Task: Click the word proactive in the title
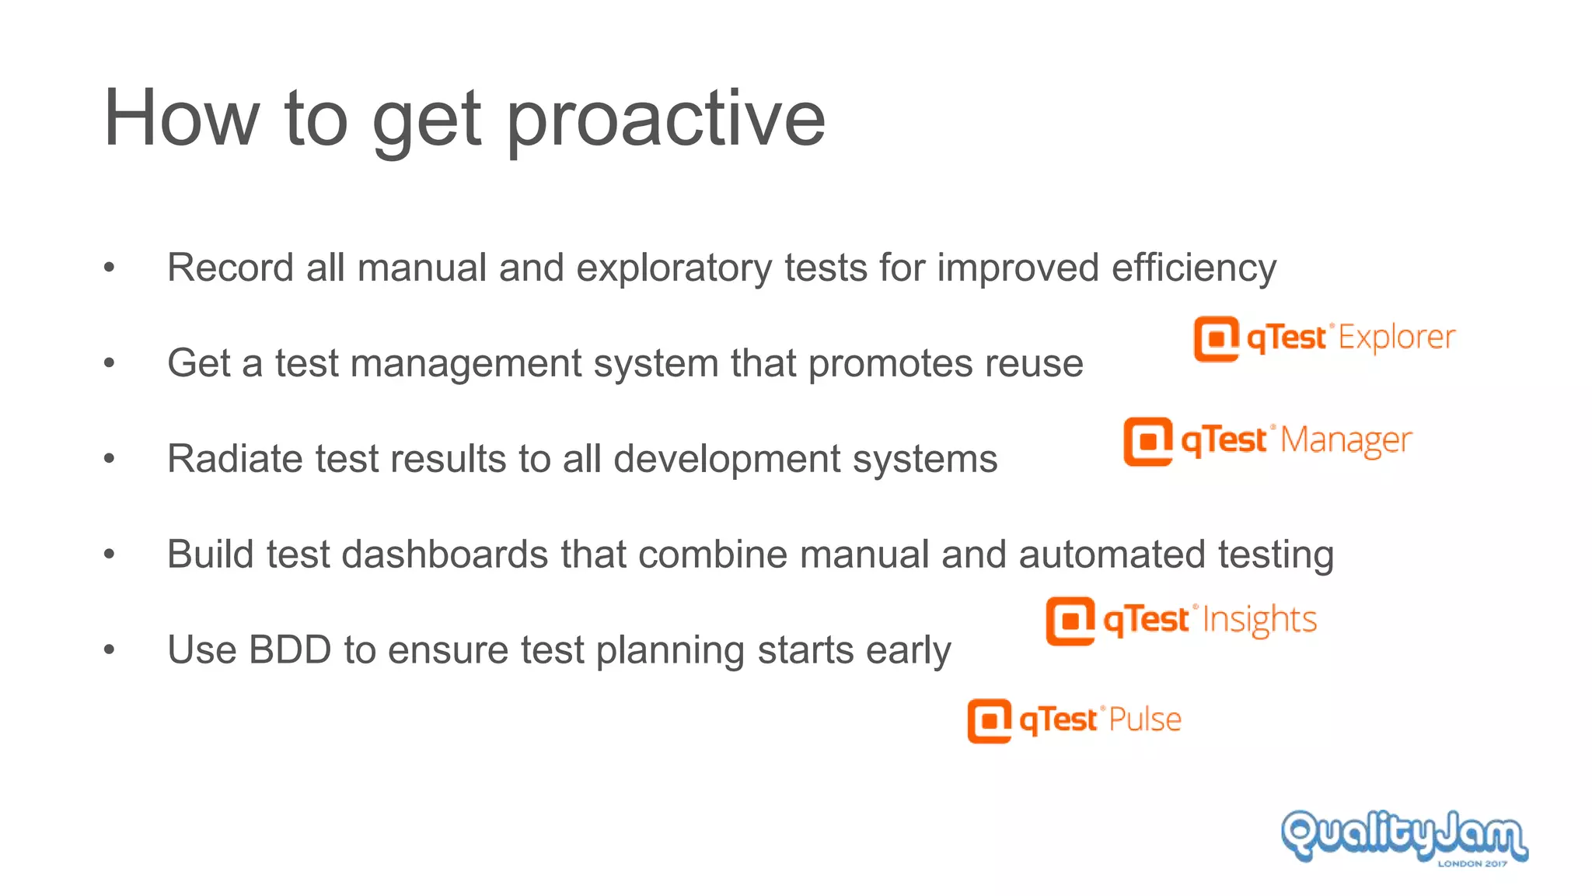[x=665, y=121]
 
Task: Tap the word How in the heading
[x=180, y=118]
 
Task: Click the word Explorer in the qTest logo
[x=1396, y=338]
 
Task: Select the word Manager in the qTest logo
[x=1346, y=441]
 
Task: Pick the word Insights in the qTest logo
[x=1259, y=621]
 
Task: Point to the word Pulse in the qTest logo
[x=1145, y=719]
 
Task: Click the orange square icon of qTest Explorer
[x=1216, y=339]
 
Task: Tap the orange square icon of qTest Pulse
[x=989, y=721]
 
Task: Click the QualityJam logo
[x=1404, y=835]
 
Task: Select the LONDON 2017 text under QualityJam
[x=1472, y=863]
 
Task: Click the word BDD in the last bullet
[x=290, y=650]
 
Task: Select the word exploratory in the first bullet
[x=673, y=268]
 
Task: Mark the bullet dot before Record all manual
[x=109, y=268]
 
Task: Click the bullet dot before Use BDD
[x=109, y=650]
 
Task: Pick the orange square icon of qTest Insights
[x=1070, y=621]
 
